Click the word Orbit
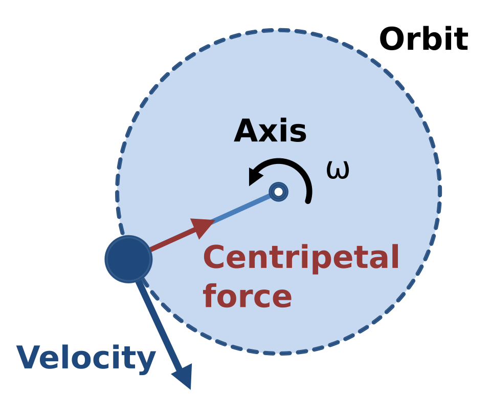423,39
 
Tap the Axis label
270,131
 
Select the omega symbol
338,170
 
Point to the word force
248,296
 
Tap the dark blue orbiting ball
129,259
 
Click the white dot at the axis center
278,192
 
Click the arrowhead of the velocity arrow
183,376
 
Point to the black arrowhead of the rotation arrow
256,176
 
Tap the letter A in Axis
247,131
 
